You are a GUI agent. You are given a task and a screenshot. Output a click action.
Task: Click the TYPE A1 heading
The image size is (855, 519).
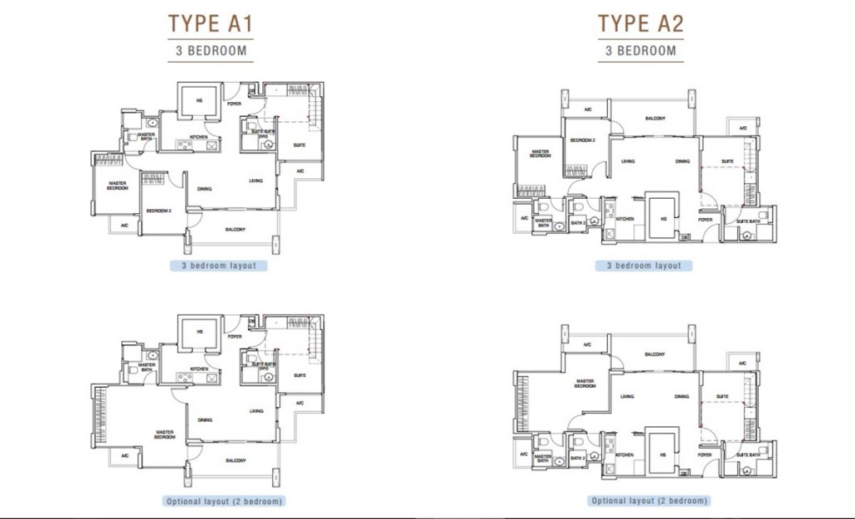210,23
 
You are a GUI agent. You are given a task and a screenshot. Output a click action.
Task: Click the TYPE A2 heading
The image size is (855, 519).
640,23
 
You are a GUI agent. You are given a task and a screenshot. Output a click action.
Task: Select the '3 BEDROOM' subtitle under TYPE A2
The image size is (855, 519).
640,50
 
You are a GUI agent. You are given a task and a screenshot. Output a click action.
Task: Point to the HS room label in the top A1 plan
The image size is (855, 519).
200,100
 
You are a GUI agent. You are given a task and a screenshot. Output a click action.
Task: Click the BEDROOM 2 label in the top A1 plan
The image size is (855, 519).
159,211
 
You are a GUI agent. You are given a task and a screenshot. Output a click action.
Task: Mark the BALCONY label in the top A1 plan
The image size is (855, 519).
235,228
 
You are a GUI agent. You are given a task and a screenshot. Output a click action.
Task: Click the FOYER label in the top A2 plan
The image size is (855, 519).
706,220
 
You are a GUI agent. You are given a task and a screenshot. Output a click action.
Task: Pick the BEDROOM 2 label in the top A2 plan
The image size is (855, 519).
582,140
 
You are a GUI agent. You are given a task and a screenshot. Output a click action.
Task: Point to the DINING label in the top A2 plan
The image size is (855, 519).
682,161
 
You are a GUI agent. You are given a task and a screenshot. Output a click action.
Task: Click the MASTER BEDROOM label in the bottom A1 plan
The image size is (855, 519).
164,435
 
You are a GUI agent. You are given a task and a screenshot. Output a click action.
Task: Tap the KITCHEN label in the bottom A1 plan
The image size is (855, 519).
198,369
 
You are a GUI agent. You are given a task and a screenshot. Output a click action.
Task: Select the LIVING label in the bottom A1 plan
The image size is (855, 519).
256,410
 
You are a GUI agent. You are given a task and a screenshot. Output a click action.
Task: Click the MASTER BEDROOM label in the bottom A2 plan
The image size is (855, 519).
584,384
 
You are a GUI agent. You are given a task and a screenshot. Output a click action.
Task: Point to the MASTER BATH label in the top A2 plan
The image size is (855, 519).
543,224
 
